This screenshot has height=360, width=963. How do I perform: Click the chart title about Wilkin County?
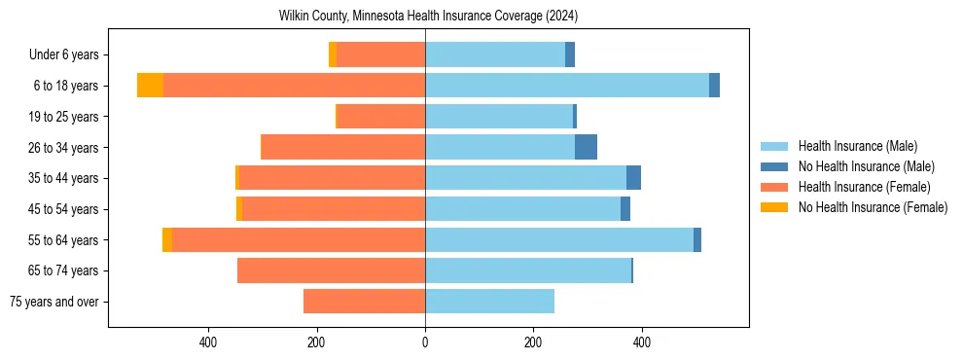(428, 16)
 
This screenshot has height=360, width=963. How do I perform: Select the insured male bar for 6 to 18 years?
(566, 86)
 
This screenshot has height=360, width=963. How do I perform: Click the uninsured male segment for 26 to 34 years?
(586, 147)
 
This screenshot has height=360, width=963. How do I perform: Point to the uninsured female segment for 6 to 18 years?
(150, 86)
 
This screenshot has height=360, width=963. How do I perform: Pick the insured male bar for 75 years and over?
(489, 302)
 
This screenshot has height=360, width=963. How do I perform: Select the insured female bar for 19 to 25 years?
(380, 117)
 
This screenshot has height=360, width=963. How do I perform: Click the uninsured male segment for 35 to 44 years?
(633, 178)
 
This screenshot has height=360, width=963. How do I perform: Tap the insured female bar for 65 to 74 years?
(331, 270)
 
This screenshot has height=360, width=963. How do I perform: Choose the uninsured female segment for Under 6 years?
(333, 54)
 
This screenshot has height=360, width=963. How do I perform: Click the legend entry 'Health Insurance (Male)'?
(857, 146)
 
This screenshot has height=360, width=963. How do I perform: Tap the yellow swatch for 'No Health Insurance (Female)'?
(774, 207)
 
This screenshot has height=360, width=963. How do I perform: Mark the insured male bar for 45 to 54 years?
(522, 209)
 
